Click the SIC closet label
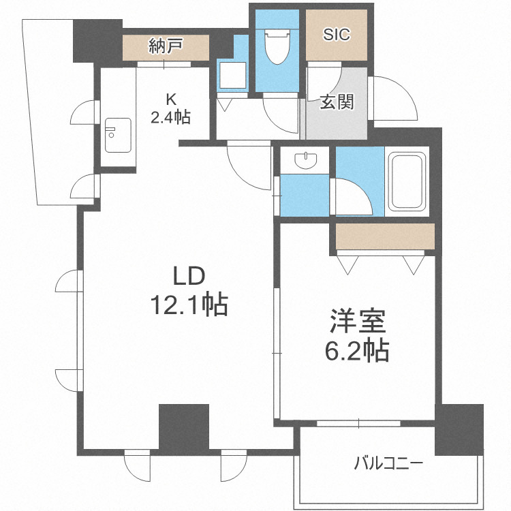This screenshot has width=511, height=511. (x=337, y=34)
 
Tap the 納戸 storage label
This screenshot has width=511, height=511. (x=166, y=46)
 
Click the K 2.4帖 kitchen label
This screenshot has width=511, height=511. (x=170, y=107)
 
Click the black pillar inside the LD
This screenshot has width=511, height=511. (x=184, y=427)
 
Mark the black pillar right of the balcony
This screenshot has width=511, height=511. (x=460, y=429)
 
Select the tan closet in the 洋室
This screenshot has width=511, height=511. (x=385, y=236)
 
